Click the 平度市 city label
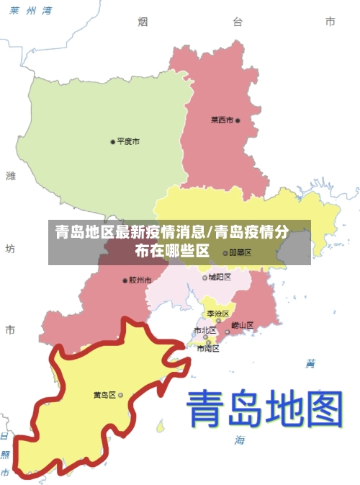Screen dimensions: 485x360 pos(128,141)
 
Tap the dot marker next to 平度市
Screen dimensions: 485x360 pos(112,141)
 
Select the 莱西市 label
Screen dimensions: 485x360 pos(221,120)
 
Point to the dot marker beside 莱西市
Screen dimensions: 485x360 pos(238,120)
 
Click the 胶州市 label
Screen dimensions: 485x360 pos(140,280)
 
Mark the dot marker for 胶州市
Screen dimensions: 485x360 pos(125,280)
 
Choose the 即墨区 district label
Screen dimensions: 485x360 pos(240,253)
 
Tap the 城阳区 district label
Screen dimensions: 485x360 pos(220,277)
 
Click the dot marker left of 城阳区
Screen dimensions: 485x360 pos(204,277)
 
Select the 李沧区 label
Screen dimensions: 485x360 pos(217,313)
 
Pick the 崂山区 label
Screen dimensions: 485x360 pos(243,325)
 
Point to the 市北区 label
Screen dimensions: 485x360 pos(204,331)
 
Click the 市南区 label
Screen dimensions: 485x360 pos(207,348)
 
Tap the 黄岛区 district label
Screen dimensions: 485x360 pos(104,395)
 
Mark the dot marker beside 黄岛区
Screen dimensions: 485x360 pos(120,395)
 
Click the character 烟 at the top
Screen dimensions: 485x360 pos(143,22)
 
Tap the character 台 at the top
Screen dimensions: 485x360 pos(237,22)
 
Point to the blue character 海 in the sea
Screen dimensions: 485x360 pos(239,439)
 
